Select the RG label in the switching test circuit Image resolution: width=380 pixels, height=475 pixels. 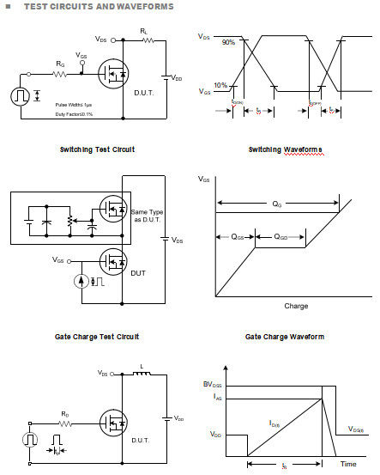(59, 63)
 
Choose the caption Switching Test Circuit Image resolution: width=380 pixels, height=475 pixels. (97, 149)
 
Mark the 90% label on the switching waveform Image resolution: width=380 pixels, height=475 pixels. (227, 41)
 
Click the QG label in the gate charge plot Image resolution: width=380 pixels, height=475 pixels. (276, 204)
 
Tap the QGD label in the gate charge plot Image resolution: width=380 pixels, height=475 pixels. (280, 236)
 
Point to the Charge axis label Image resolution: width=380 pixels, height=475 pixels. (296, 306)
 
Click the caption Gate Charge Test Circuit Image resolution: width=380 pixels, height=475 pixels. (97, 337)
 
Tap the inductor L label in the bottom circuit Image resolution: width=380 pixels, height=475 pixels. (141, 367)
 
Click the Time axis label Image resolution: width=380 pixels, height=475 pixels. (348, 464)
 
